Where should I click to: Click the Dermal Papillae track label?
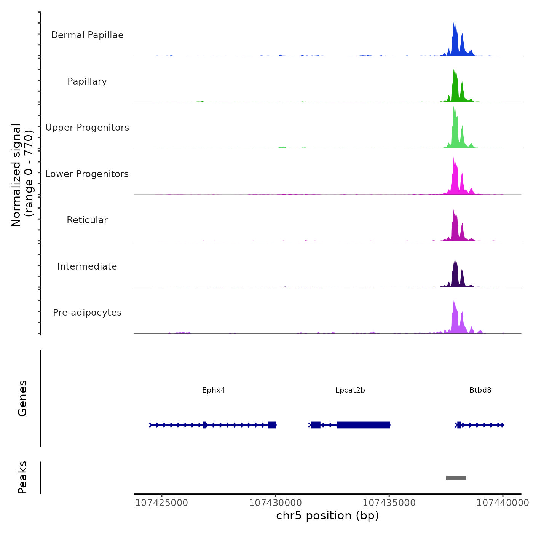coord(87,35)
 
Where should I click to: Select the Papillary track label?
coord(87,81)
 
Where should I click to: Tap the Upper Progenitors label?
coord(87,128)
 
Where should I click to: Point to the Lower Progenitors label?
coord(87,174)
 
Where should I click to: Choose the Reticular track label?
coord(87,220)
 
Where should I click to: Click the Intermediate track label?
coord(87,266)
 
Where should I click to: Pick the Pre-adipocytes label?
coord(87,313)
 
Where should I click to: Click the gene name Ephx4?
coord(214,390)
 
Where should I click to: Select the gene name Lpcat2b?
coord(350,390)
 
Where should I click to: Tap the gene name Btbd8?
coord(480,390)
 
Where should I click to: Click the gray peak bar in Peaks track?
coord(456,478)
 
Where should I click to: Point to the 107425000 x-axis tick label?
coord(162,503)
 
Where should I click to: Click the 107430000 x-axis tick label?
coord(276,503)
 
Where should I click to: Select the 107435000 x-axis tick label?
coord(389,503)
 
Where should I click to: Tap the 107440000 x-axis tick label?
coord(503,503)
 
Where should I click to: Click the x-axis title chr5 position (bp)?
coord(327,516)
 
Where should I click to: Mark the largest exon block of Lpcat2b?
coord(363,425)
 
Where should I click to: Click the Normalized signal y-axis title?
coord(22,175)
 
